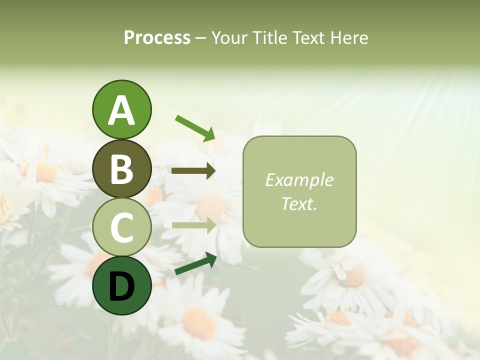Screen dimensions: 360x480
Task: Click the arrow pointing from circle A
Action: tap(195, 128)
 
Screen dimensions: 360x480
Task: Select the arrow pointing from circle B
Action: tap(193, 171)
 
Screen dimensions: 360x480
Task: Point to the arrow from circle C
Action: tap(193, 225)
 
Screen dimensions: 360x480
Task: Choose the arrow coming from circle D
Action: tap(195, 264)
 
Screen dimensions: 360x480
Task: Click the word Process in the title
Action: tap(157, 38)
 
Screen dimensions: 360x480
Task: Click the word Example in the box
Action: tap(299, 180)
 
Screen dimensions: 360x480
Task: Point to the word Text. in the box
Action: tap(299, 203)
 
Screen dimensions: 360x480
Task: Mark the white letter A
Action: tap(121, 110)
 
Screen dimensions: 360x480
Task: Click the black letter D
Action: tap(121, 286)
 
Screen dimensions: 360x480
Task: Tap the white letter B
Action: tap(121, 169)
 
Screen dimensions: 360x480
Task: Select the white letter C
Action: tap(121, 227)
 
